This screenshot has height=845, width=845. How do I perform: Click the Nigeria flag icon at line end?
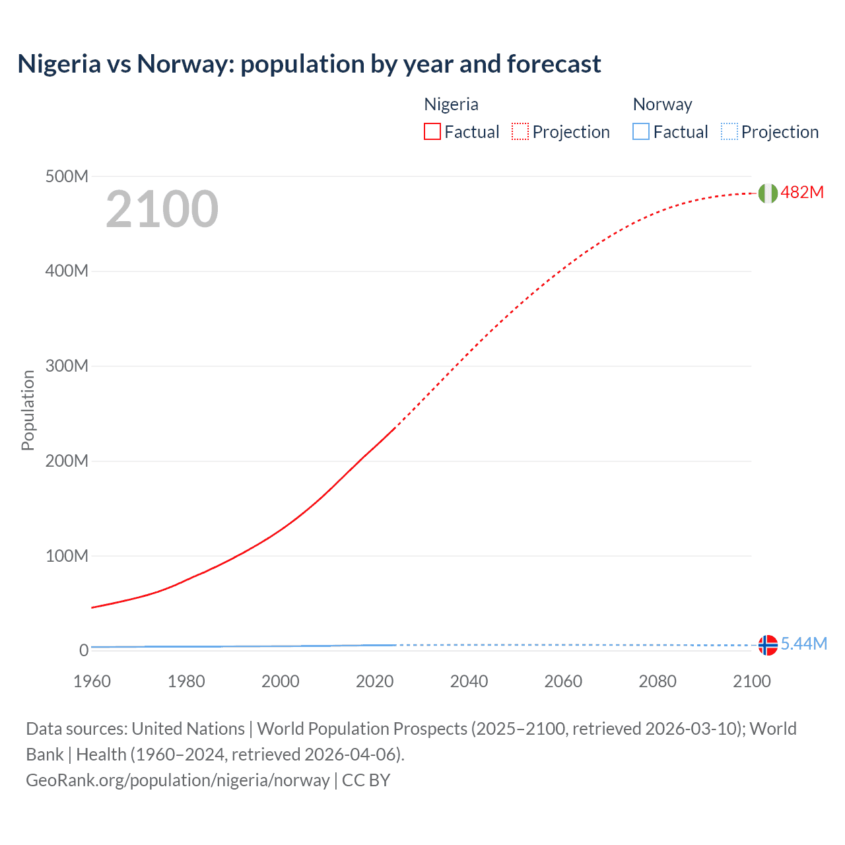coord(767,193)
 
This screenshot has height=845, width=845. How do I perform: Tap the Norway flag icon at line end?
coord(767,645)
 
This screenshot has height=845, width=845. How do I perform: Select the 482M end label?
coord(802,192)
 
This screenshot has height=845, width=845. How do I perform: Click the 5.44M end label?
coord(803,644)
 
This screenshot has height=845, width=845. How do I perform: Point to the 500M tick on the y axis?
coord(67,176)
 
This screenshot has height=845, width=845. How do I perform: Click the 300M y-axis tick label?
coord(67,366)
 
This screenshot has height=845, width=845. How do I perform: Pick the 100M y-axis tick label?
coord(67,556)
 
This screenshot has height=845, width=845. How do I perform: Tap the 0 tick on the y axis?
coord(84,650)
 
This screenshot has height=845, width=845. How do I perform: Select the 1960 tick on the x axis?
coord(92,681)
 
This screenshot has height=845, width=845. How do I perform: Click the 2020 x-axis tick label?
coord(374,681)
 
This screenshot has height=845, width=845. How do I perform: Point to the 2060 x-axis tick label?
coord(563,681)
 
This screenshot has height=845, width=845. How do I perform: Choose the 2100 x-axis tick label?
coord(751,681)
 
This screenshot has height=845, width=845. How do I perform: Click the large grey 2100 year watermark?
coord(162,209)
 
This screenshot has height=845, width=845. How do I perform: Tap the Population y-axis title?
coord(28,410)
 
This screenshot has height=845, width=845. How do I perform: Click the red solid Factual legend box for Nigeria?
coord(432,132)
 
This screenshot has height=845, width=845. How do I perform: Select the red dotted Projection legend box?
coord(520,132)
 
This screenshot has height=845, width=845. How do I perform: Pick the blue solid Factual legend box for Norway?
coord(641,132)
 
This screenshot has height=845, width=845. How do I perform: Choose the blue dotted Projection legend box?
coord(729,132)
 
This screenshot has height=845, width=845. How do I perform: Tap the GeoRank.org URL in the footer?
coord(178,780)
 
